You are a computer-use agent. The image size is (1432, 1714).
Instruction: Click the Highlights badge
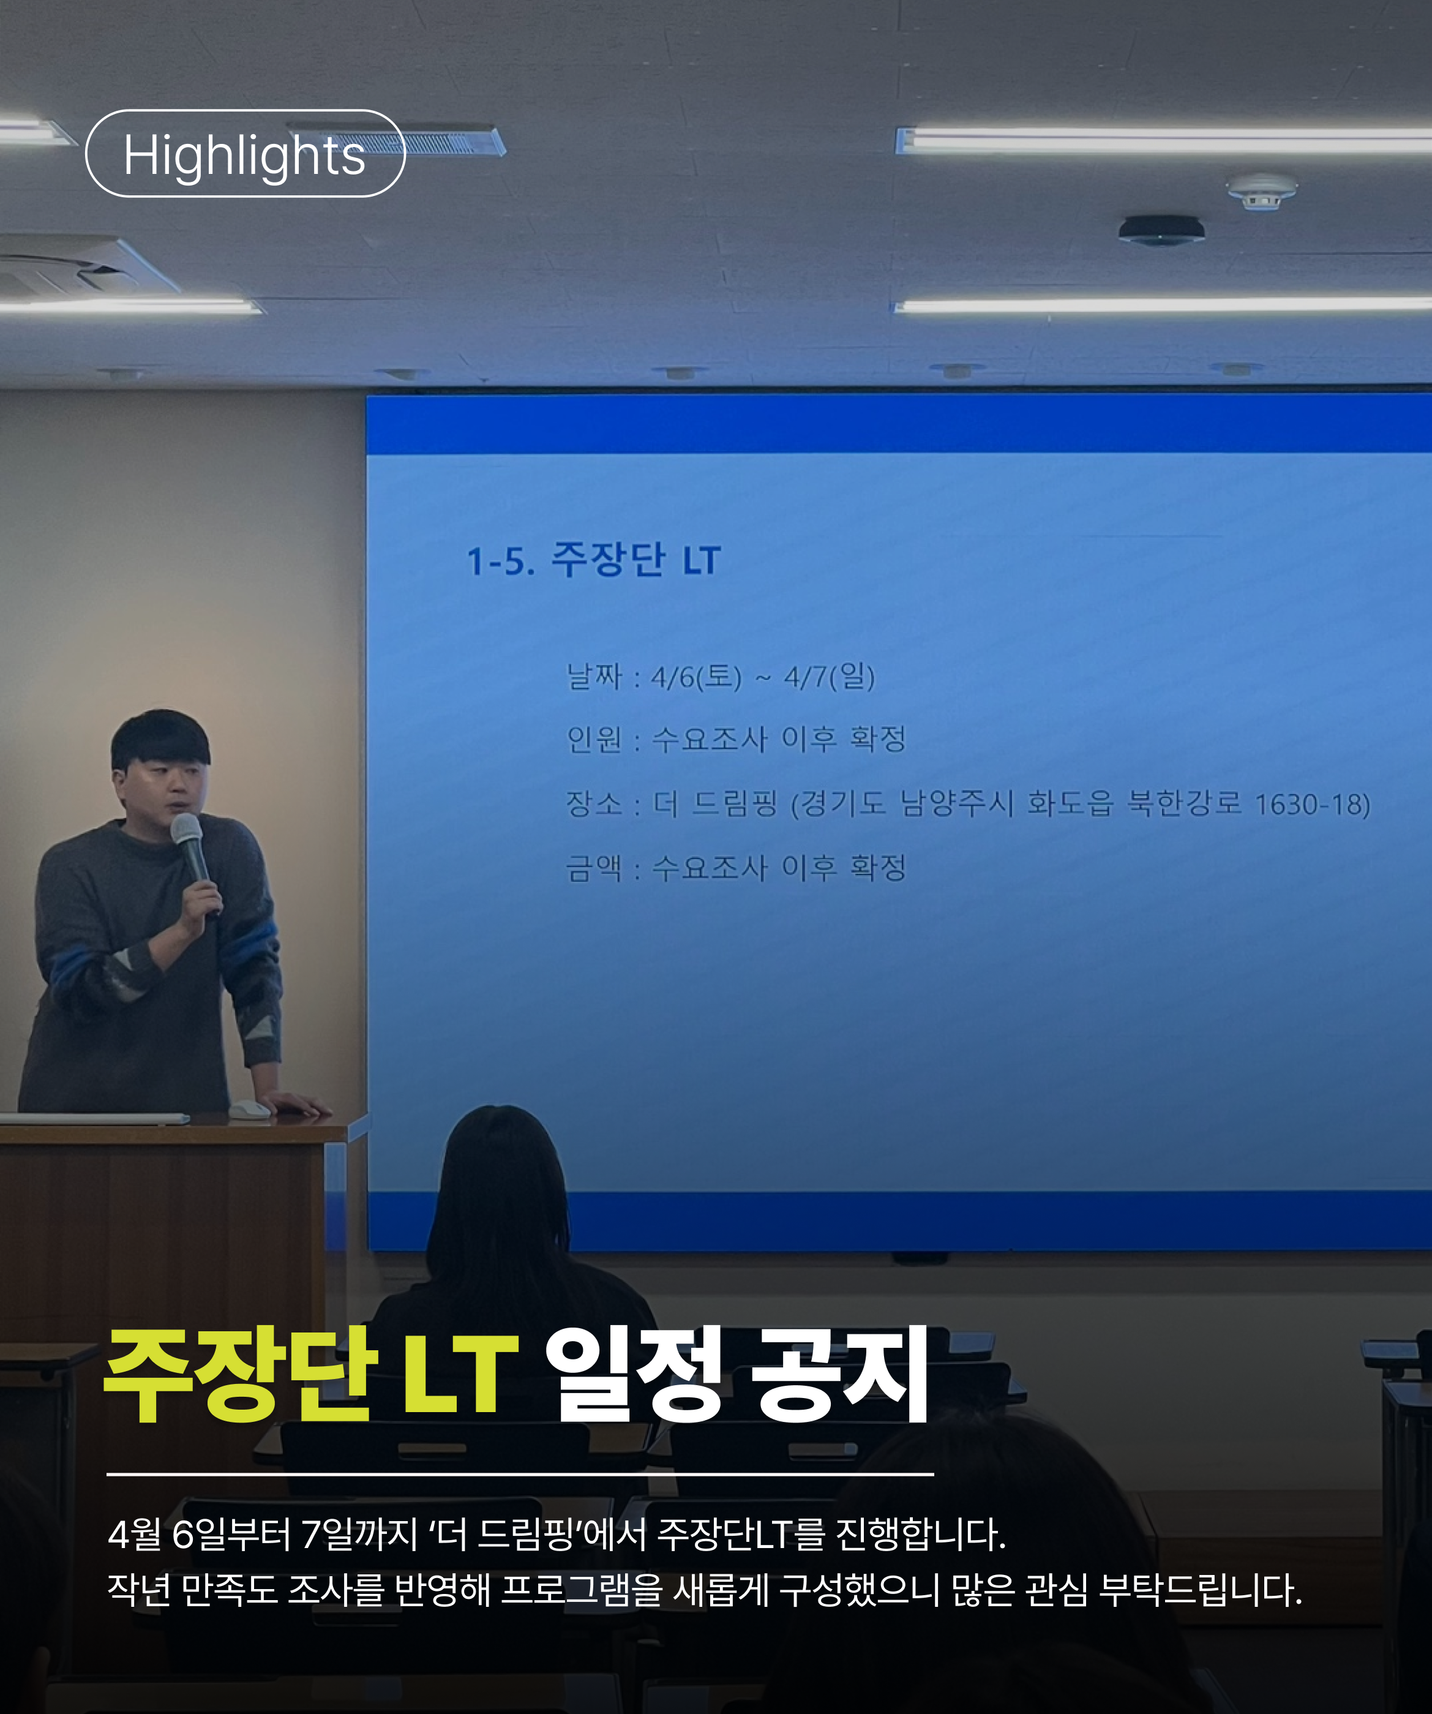(x=245, y=154)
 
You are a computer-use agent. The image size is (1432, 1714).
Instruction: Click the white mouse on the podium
(x=249, y=1109)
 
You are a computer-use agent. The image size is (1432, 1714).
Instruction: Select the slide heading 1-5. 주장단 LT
(x=593, y=560)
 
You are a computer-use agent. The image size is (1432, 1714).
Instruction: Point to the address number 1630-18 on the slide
(x=1312, y=805)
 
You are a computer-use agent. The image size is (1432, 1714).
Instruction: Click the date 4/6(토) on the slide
(x=696, y=677)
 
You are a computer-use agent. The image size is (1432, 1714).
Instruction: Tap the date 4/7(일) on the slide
(x=829, y=677)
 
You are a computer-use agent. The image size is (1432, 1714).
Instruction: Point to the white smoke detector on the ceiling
(x=1261, y=191)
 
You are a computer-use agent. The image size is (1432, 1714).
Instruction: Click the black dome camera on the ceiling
(x=1161, y=230)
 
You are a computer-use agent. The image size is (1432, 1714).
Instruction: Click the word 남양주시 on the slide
(x=956, y=804)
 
